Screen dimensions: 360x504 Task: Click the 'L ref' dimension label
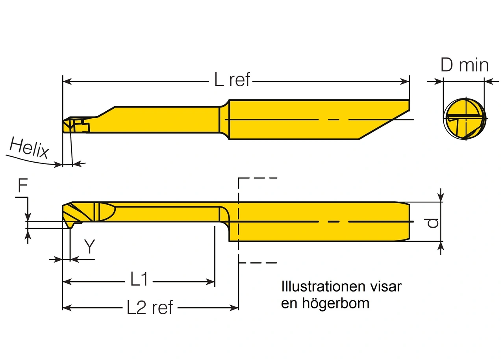tap(232, 80)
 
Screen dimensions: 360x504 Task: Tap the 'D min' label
tap(464, 65)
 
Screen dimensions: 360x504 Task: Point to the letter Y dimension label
tap(90, 247)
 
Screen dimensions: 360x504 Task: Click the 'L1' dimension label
tap(139, 280)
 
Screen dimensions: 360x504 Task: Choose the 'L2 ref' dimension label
tap(150, 308)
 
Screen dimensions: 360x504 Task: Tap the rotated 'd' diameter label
tap(432, 223)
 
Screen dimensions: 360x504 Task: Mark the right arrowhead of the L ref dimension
tap(405, 82)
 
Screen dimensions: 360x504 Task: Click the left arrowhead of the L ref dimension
tap(67, 82)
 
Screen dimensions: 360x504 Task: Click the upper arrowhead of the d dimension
tap(441, 197)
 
